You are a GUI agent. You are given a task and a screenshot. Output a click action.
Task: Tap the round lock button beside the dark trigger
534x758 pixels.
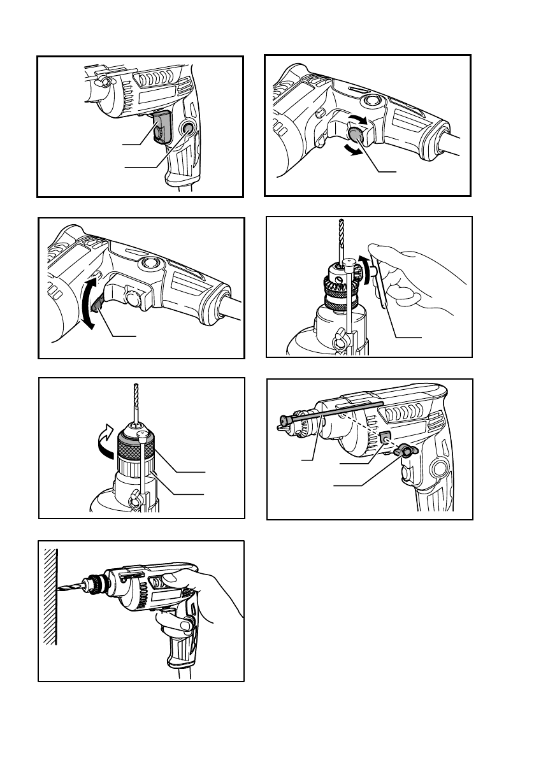187,130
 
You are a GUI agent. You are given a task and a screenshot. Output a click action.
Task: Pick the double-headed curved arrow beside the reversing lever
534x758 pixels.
89,302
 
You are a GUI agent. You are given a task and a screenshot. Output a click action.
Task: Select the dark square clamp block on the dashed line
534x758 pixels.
386,436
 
